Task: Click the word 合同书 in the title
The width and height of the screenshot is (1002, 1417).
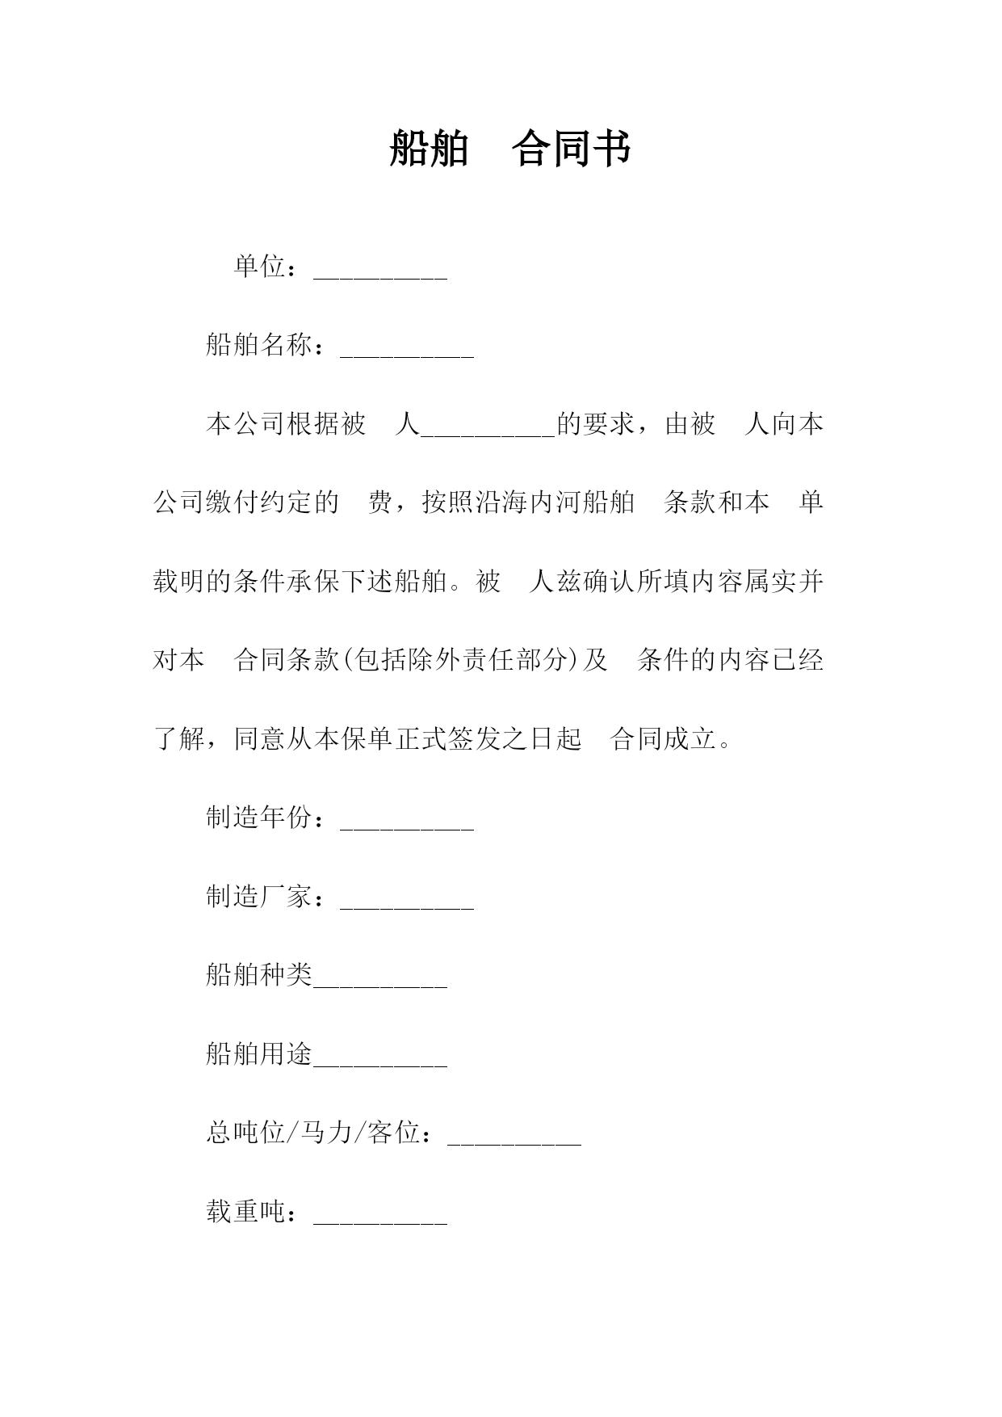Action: (x=571, y=149)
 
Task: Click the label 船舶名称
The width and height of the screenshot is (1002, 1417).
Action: (x=258, y=345)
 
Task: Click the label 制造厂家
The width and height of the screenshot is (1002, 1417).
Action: (x=258, y=897)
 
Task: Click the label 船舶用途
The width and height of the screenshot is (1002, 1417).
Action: (x=258, y=1053)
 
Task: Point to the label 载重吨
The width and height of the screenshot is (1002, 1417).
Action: (x=245, y=1212)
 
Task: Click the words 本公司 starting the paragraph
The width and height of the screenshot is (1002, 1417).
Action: (x=245, y=424)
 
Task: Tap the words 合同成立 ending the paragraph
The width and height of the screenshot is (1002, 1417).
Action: (x=663, y=739)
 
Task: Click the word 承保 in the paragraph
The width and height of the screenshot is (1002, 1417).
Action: (x=312, y=582)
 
